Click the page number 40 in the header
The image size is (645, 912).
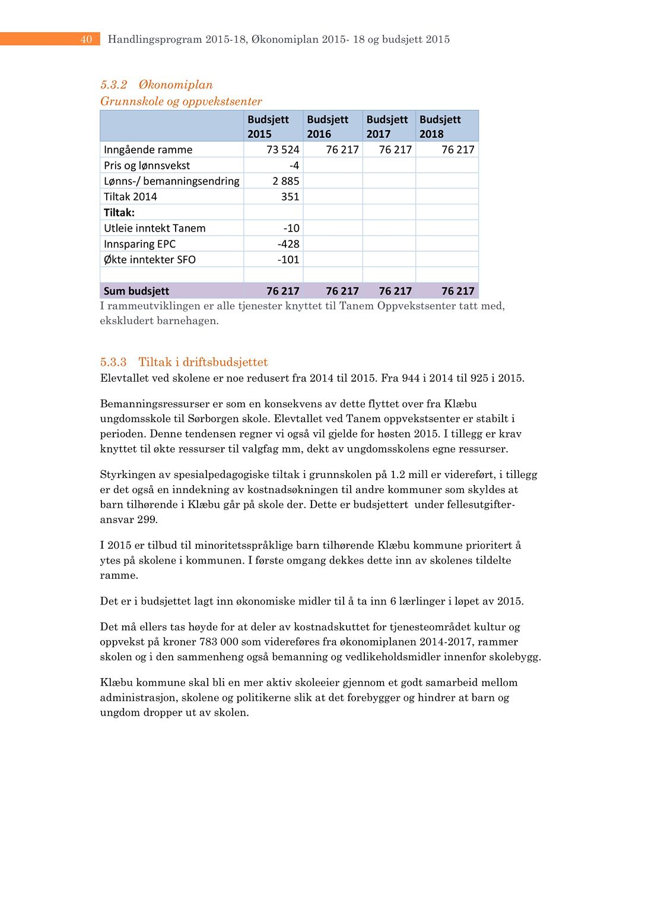86,39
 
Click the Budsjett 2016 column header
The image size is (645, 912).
328,126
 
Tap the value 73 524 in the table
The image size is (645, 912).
282,150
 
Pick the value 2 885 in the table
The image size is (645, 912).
285,181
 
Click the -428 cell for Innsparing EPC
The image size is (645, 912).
288,244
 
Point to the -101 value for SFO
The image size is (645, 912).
288,259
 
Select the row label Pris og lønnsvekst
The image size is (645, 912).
147,166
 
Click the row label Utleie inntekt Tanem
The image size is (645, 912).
154,228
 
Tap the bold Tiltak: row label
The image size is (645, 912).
119,213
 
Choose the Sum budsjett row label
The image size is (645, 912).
136,291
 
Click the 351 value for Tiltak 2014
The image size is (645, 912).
290,197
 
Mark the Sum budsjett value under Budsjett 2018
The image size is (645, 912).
457,291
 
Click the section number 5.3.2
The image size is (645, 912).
113,85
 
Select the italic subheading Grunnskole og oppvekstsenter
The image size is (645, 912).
181,102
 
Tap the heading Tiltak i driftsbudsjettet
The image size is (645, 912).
203,362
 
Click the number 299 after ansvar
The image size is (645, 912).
147,520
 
